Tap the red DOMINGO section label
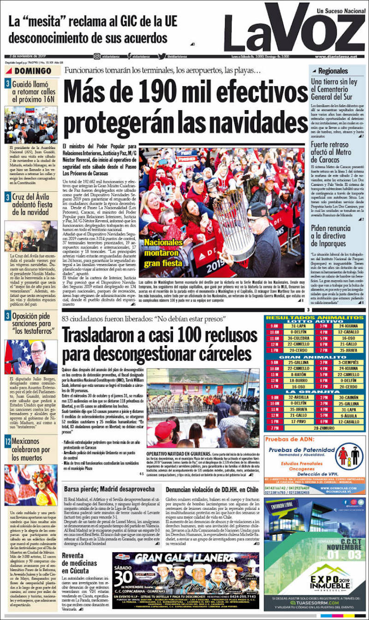point(32,71)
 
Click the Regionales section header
point(333,71)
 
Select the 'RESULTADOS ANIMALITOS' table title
point(315,318)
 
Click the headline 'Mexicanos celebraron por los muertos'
point(31,449)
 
